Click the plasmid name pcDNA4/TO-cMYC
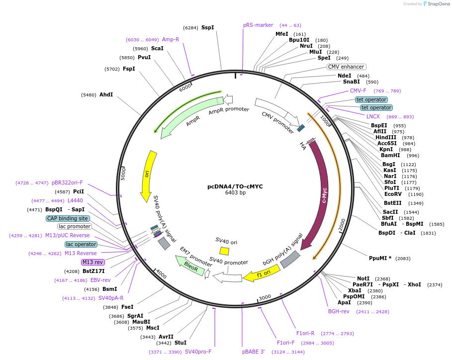click(x=235, y=186)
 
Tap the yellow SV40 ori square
click(x=224, y=251)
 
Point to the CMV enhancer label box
click(x=346, y=67)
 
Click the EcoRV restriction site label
click(x=393, y=194)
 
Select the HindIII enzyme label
click(x=386, y=137)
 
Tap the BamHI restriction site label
click(x=390, y=155)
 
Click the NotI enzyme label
click(x=363, y=278)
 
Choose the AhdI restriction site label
click(x=106, y=94)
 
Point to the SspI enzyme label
click(x=207, y=27)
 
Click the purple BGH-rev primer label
click(x=339, y=311)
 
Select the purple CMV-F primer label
click(x=358, y=90)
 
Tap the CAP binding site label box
click(x=68, y=218)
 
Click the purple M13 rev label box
click(x=93, y=262)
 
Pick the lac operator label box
click(x=81, y=244)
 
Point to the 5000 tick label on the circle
click(x=124, y=174)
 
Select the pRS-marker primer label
click(x=258, y=25)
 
